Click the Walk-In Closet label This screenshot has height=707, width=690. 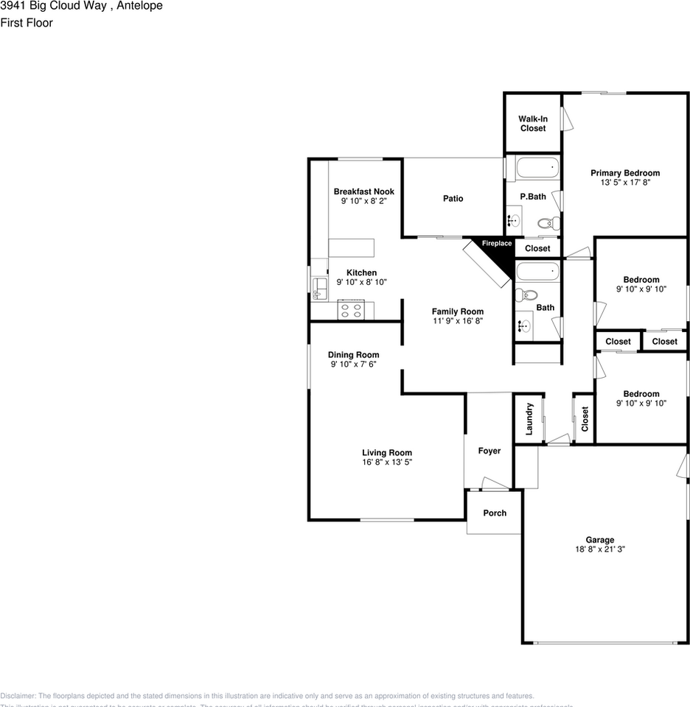point(532,124)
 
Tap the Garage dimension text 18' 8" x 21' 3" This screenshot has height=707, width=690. point(599,549)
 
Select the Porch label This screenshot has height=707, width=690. point(495,513)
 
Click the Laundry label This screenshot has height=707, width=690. point(529,418)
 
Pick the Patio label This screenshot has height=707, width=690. point(453,199)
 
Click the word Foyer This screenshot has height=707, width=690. point(489,451)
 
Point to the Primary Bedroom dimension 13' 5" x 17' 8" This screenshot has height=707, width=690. point(625,182)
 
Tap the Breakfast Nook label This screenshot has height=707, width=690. point(363,191)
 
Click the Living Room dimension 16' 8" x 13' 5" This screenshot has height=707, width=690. point(386,462)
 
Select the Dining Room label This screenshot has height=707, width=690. point(353,355)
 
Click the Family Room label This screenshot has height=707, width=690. point(457,312)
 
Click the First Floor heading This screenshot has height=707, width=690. point(27,23)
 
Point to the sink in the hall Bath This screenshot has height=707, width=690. point(525,324)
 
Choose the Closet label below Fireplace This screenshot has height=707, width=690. point(537,249)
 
